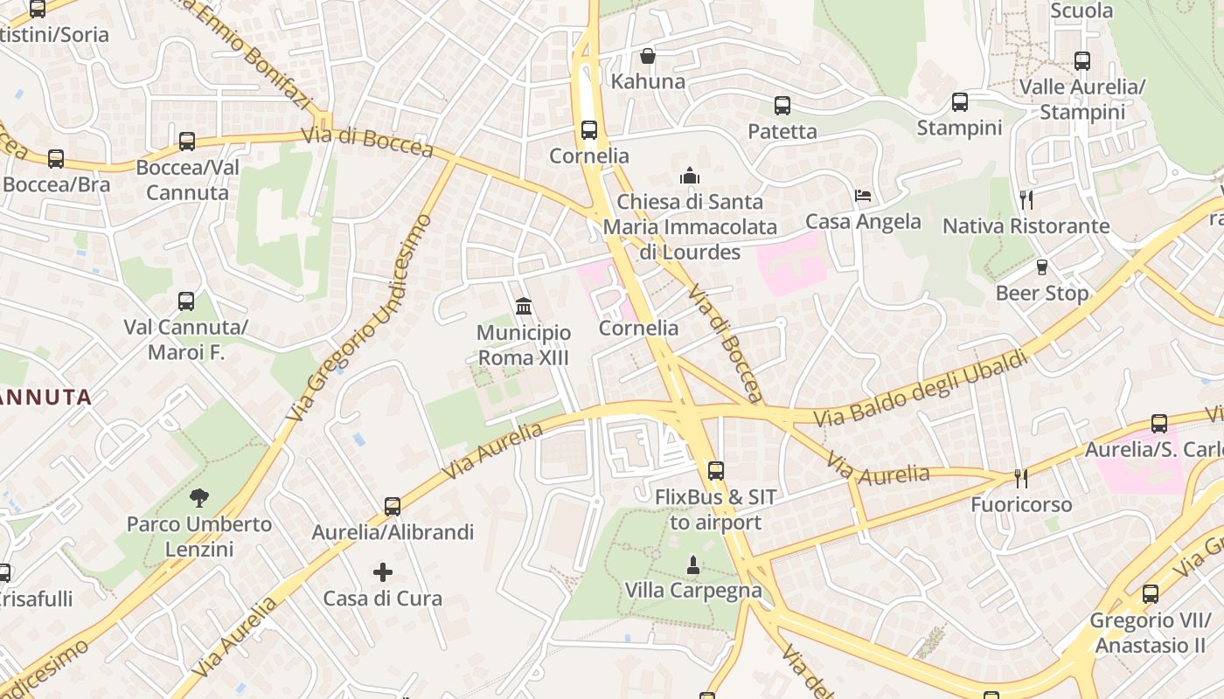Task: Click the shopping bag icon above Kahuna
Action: click(x=648, y=56)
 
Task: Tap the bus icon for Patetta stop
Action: click(x=782, y=106)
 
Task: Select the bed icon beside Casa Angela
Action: click(x=863, y=196)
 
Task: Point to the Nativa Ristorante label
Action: click(x=1026, y=226)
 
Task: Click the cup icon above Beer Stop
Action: click(x=1041, y=266)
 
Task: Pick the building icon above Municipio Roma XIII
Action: click(x=524, y=306)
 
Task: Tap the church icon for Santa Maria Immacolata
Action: click(x=690, y=176)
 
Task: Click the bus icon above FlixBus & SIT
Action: click(x=716, y=470)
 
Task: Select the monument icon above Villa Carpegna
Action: click(x=693, y=564)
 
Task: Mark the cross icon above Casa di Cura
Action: click(x=383, y=572)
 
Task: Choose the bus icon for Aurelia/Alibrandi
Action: click(x=393, y=506)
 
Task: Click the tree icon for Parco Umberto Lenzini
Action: click(x=199, y=498)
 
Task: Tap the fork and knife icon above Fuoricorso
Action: click(x=1020, y=478)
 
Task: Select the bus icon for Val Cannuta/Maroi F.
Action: click(x=186, y=301)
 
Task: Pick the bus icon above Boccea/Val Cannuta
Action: click(x=187, y=142)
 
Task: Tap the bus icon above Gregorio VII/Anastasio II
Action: click(x=1151, y=594)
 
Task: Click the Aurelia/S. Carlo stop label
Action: click(x=1151, y=449)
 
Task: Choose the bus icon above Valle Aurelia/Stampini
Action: click(x=1082, y=61)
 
